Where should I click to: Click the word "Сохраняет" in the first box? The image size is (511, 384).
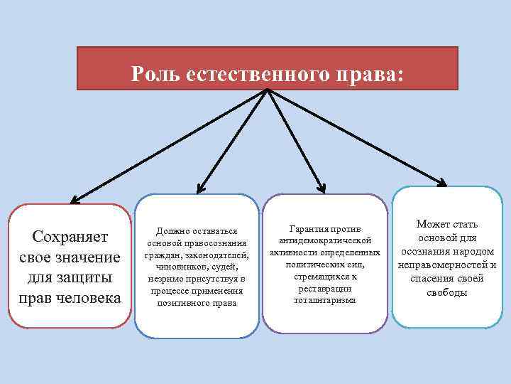[70, 235]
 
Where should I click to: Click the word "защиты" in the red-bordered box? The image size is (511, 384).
[89, 276]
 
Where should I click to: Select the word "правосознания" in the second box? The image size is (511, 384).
[212, 243]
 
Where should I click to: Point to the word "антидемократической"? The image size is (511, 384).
[325, 241]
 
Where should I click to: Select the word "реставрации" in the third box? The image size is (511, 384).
[325, 288]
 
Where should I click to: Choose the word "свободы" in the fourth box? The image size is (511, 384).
[447, 292]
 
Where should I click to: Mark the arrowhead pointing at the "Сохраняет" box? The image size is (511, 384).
[75, 200]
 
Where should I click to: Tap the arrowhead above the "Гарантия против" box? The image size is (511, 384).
[321, 188]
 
